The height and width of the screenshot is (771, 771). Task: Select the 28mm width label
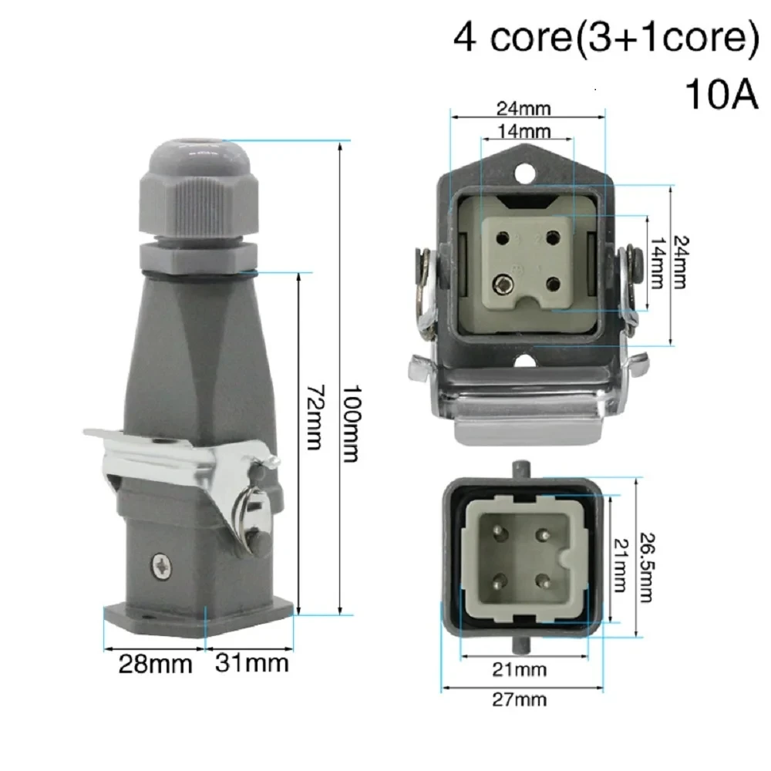tap(154, 664)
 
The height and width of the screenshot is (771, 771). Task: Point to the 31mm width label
tap(251, 662)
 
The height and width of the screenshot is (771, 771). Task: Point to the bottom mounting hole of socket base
tap(527, 359)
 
